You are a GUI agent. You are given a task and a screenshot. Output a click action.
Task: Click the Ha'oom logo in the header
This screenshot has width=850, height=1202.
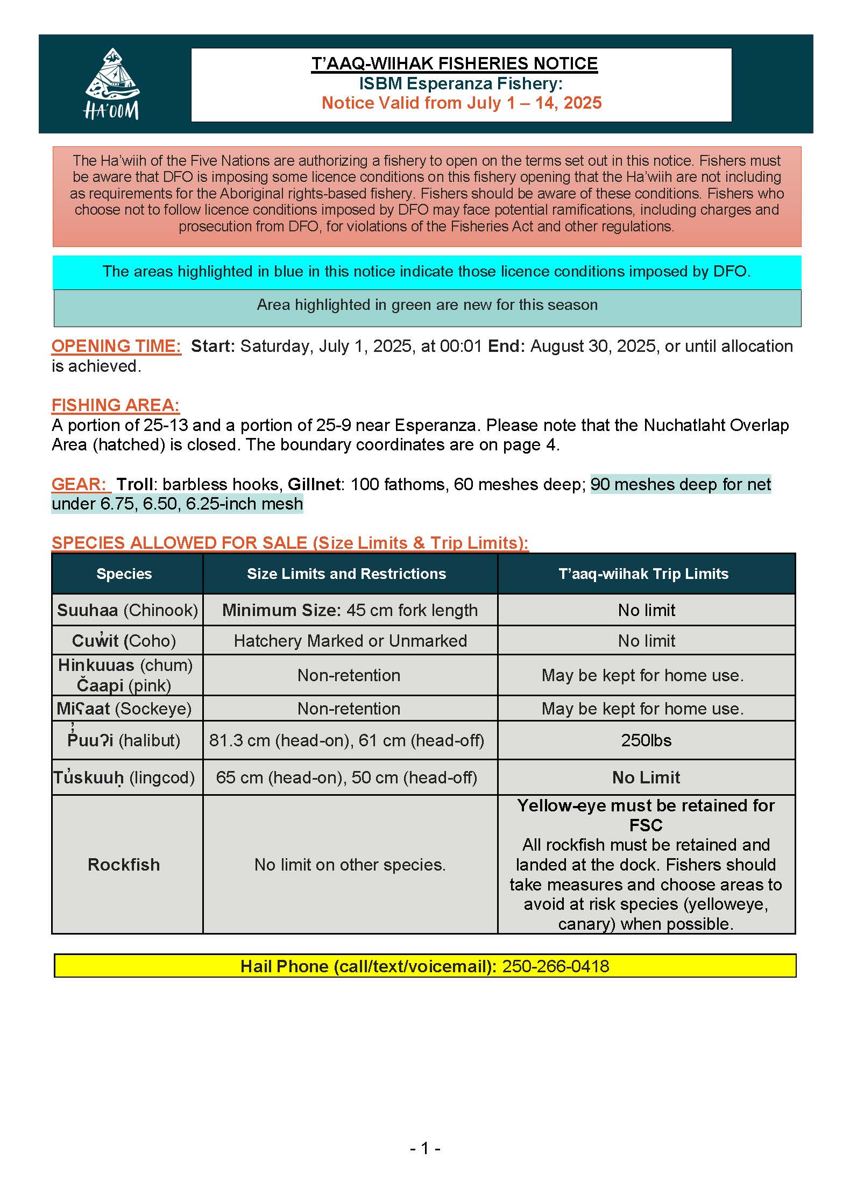111,84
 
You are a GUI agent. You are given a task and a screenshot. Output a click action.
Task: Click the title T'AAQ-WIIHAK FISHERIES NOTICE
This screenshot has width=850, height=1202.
454,63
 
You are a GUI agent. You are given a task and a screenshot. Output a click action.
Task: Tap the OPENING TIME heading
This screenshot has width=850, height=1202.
116,346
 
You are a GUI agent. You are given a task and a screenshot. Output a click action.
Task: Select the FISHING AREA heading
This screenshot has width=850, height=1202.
115,405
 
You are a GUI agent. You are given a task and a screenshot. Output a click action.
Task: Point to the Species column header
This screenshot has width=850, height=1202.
124,574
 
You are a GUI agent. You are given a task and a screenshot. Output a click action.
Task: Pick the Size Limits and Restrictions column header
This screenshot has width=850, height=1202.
346,574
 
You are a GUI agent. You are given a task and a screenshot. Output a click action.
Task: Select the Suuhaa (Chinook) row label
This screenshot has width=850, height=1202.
127,610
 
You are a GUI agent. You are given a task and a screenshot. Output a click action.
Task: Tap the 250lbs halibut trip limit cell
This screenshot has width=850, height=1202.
646,740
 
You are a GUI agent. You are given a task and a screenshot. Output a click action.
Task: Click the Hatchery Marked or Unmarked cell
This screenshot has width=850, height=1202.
350,641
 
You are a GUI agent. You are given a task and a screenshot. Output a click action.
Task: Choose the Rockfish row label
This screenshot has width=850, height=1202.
124,864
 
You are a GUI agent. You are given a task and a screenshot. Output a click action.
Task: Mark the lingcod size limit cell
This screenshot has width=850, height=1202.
346,777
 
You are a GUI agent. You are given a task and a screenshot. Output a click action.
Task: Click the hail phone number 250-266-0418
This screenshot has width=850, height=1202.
555,966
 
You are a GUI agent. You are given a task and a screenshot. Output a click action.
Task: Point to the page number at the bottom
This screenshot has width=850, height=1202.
424,1149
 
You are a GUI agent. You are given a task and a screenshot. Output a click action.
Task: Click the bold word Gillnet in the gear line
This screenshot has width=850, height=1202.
314,484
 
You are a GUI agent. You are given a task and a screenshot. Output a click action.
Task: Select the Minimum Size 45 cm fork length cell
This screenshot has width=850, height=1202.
350,610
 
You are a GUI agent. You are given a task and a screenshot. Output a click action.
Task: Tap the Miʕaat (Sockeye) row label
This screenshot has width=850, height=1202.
124,709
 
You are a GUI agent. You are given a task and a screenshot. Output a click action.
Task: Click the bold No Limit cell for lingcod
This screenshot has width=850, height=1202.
646,777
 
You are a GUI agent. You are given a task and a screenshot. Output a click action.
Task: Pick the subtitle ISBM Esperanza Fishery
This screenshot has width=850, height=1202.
461,83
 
